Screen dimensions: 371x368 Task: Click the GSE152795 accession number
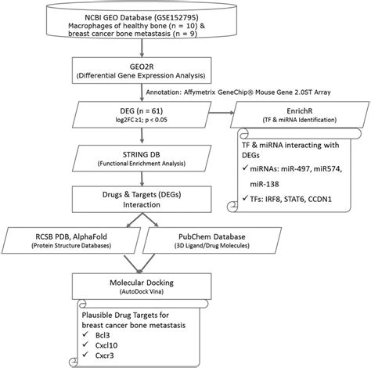pos(177,17)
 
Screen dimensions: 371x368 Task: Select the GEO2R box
pos(142,70)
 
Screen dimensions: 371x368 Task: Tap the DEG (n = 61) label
pos(142,111)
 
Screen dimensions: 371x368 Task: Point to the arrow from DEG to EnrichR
pos(222,113)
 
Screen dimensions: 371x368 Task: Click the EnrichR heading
pos(300,111)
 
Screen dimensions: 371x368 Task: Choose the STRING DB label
pos(142,154)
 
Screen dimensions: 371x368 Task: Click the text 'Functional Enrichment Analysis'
pos(142,164)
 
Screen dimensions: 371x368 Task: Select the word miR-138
pos(265,184)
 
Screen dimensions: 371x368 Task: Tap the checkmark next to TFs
pos(245,198)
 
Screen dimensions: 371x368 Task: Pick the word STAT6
pos(294,200)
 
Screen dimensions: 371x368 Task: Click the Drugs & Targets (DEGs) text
pos(142,195)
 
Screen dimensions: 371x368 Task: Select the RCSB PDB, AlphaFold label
pos(71,236)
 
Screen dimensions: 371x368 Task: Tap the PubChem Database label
pos(212,236)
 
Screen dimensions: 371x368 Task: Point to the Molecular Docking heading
pos(142,283)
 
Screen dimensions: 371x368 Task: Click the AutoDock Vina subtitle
pos(142,291)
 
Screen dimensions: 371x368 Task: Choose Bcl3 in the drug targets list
pos(103,335)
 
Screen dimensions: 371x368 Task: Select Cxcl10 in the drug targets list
pos(106,345)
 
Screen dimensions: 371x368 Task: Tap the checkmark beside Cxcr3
pos(85,355)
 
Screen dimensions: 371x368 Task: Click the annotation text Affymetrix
pos(204,92)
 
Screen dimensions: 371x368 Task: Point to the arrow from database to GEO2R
pos(142,47)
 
